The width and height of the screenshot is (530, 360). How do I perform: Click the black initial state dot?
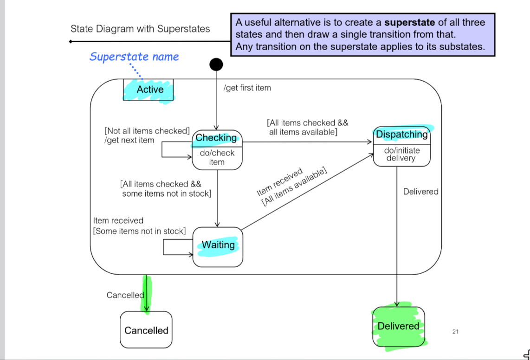tap(216, 64)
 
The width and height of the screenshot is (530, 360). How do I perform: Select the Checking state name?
tap(216, 138)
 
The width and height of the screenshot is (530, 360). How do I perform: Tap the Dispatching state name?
tap(402, 135)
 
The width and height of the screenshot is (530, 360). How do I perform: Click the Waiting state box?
tap(218, 247)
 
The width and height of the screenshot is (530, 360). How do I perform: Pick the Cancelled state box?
tap(146, 330)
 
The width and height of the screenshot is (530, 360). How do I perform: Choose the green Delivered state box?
tap(398, 326)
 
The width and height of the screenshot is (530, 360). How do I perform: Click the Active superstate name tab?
tap(149, 90)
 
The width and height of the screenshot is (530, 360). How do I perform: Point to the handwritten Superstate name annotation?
tap(134, 57)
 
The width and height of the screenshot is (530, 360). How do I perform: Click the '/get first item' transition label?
tap(247, 88)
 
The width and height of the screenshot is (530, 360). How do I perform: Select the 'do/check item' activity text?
tap(217, 158)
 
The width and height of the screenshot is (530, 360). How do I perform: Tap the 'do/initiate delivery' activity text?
tap(401, 154)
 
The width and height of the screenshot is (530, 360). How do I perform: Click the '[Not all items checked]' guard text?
tap(147, 131)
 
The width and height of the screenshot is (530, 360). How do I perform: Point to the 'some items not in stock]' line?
tap(166, 193)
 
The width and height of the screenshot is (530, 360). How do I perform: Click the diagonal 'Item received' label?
tap(279, 182)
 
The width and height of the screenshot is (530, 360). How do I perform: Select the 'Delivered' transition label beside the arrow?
tap(420, 192)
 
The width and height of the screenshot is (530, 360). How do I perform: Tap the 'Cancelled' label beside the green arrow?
tap(125, 295)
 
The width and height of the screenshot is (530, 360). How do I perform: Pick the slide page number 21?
tap(455, 331)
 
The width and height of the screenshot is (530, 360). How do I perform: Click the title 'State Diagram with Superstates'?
tap(140, 29)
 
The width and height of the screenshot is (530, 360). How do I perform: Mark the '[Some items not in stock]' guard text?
tap(139, 231)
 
